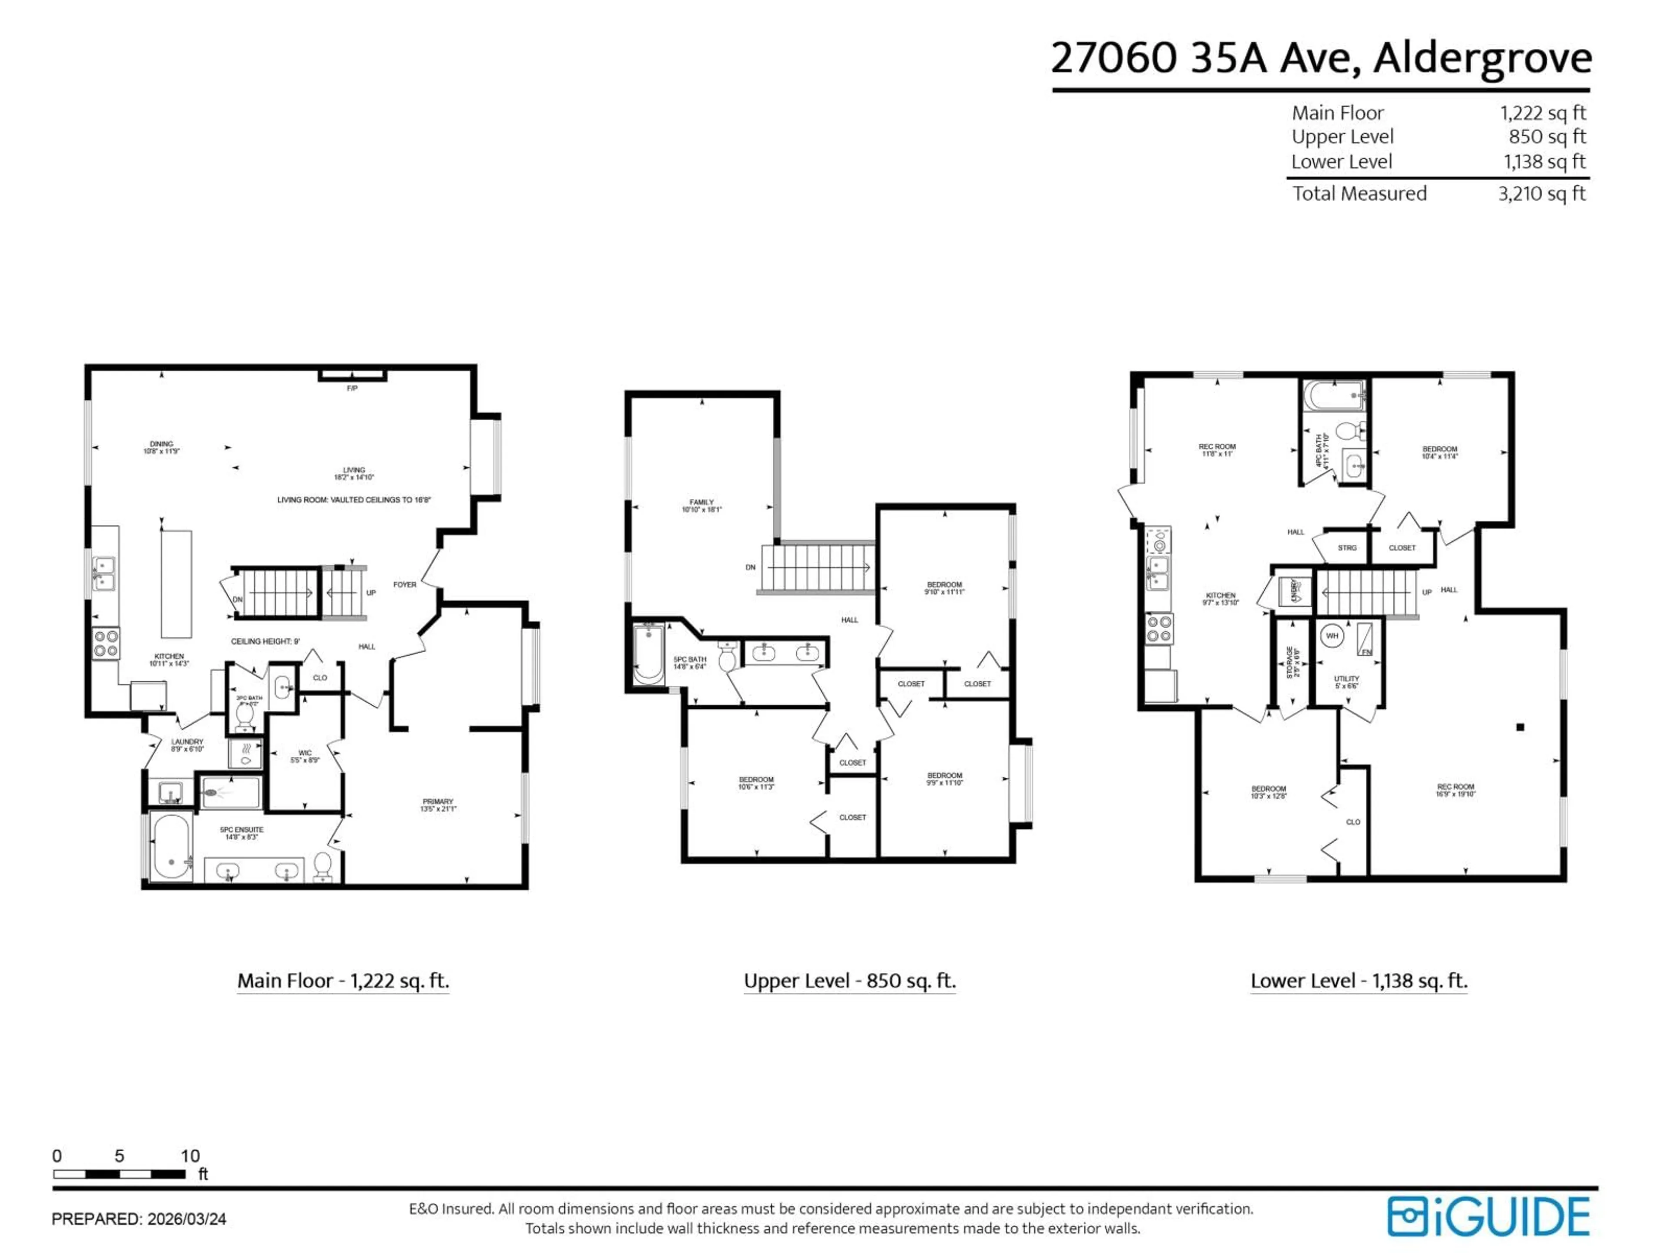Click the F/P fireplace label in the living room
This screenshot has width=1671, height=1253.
tap(352, 388)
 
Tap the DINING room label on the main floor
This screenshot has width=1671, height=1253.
tap(161, 444)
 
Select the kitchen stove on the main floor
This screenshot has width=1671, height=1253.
tap(106, 643)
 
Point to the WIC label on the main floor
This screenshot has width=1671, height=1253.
tap(305, 753)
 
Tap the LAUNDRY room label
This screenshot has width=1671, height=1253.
tap(187, 742)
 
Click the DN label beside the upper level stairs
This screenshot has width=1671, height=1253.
tap(750, 567)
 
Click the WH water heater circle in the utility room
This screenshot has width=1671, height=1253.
tap(1332, 636)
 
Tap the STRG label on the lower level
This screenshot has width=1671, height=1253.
tap(1347, 548)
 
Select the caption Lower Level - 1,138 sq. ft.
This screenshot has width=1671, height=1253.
tap(1358, 981)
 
